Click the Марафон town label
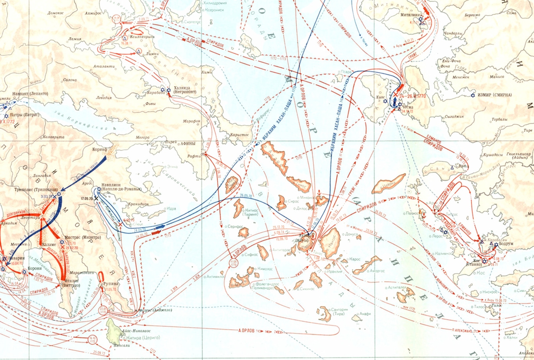click(x=192, y=121)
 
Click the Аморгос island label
click(x=378, y=271)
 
